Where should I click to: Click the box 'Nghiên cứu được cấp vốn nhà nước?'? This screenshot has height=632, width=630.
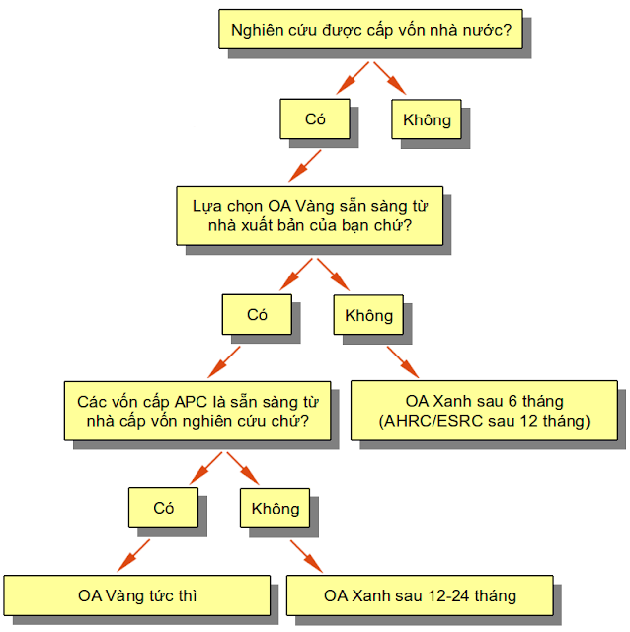click(370, 30)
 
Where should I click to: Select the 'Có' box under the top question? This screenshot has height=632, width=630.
click(315, 118)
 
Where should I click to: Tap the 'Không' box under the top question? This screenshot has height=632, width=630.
click(427, 119)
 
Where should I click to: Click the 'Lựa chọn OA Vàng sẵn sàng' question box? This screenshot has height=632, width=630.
click(309, 215)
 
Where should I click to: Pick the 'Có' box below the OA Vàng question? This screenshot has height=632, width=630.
click(257, 314)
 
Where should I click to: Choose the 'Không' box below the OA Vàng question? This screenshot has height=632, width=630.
click(368, 315)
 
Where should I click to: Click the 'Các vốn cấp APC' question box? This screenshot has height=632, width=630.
click(197, 411)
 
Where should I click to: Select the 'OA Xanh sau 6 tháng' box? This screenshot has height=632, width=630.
click(484, 411)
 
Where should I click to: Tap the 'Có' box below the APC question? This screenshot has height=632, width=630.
click(163, 508)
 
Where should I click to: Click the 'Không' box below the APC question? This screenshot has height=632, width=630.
click(275, 509)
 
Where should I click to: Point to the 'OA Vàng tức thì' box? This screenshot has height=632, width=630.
click(137, 595)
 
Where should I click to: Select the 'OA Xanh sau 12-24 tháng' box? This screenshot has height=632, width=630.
click(420, 595)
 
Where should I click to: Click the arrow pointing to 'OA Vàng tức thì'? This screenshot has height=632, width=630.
click(133, 555)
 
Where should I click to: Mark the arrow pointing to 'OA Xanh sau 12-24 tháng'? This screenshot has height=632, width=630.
click(306, 556)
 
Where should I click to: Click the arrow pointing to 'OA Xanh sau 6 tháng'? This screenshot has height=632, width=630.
click(403, 362)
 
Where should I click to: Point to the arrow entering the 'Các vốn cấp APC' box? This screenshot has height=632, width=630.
click(224, 362)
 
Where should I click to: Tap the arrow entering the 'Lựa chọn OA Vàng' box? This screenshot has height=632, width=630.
click(305, 166)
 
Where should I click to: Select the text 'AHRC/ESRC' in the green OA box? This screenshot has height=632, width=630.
click(433, 421)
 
